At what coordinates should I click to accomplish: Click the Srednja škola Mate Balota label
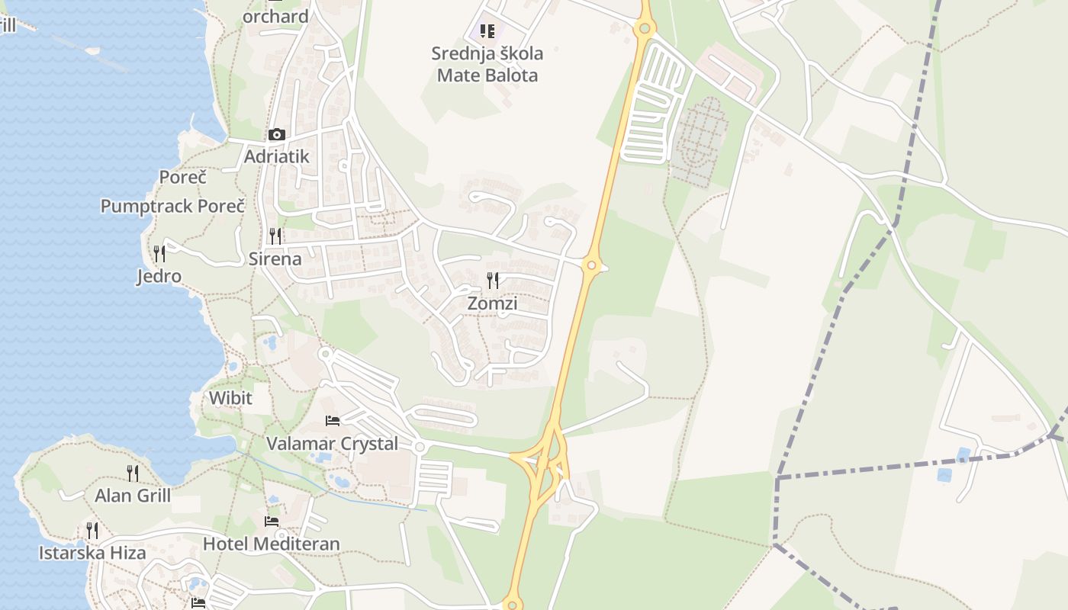(x=487, y=64)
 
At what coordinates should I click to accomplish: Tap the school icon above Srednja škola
(x=487, y=31)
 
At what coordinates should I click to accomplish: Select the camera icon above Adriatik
(x=276, y=135)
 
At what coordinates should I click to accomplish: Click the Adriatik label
(x=276, y=156)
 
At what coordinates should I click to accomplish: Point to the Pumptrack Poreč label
(x=173, y=206)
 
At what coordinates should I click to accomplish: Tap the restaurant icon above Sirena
(x=275, y=236)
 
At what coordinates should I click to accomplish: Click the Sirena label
(x=275, y=258)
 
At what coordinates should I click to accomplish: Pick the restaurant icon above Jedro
(x=159, y=253)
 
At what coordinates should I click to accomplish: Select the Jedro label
(x=159, y=275)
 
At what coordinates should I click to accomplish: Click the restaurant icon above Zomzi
(x=493, y=281)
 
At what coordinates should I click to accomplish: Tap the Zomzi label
(x=492, y=303)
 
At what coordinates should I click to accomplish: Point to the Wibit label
(x=230, y=398)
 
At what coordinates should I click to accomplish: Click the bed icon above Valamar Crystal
(x=333, y=420)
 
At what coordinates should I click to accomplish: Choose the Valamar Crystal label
(x=333, y=443)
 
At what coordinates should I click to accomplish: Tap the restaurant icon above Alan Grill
(x=133, y=473)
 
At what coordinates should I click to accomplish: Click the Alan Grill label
(x=133, y=496)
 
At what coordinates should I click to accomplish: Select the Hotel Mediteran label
(x=272, y=544)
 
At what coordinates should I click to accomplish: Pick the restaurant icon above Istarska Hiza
(x=92, y=530)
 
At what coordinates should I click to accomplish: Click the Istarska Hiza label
(x=92, y=553)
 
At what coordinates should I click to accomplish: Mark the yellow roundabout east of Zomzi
(x=590, y=265)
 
